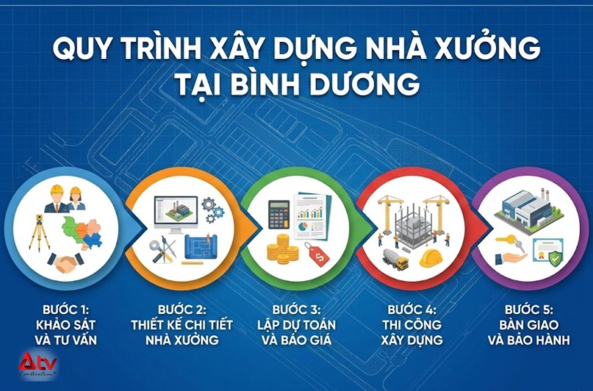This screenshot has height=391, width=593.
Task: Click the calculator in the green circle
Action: (278, 214)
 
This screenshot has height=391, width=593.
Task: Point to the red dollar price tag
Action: (317, 255)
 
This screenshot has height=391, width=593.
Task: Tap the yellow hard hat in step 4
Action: (431, 258)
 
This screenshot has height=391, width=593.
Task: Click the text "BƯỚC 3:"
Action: (295, 310)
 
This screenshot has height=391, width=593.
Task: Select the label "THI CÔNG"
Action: (412, 324)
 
